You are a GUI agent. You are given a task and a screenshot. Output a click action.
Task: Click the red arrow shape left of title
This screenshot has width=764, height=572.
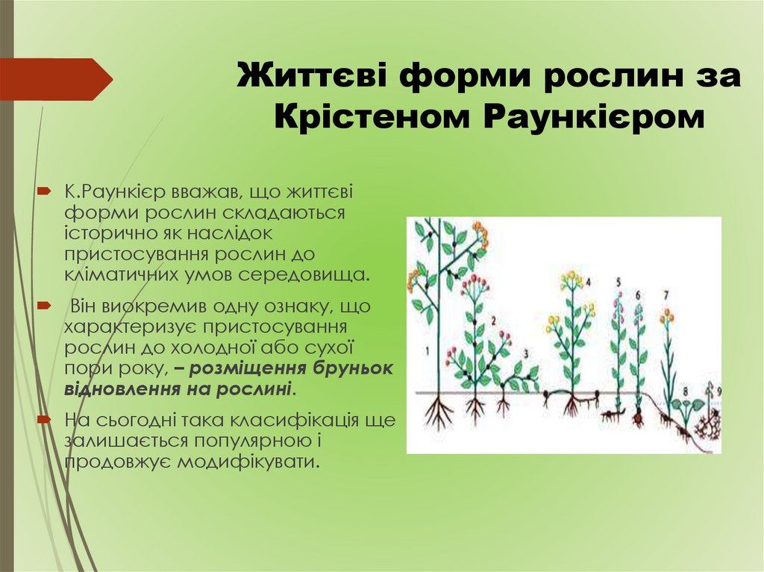56,79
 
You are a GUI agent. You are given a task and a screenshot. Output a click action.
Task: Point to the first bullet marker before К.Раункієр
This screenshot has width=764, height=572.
44,192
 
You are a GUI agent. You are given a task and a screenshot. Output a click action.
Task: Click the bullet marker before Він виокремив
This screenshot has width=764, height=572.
44,306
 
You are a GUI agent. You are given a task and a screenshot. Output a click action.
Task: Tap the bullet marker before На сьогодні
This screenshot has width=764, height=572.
44,420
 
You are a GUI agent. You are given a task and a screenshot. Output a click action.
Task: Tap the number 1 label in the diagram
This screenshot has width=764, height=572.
427,350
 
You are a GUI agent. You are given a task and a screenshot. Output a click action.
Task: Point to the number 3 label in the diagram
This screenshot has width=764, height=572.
526,353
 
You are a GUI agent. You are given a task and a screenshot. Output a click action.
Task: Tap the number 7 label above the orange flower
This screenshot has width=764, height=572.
666,295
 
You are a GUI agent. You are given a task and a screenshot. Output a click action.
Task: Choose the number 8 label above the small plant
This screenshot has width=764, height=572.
686,391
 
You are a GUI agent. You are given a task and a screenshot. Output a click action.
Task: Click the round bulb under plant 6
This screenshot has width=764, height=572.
638,418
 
